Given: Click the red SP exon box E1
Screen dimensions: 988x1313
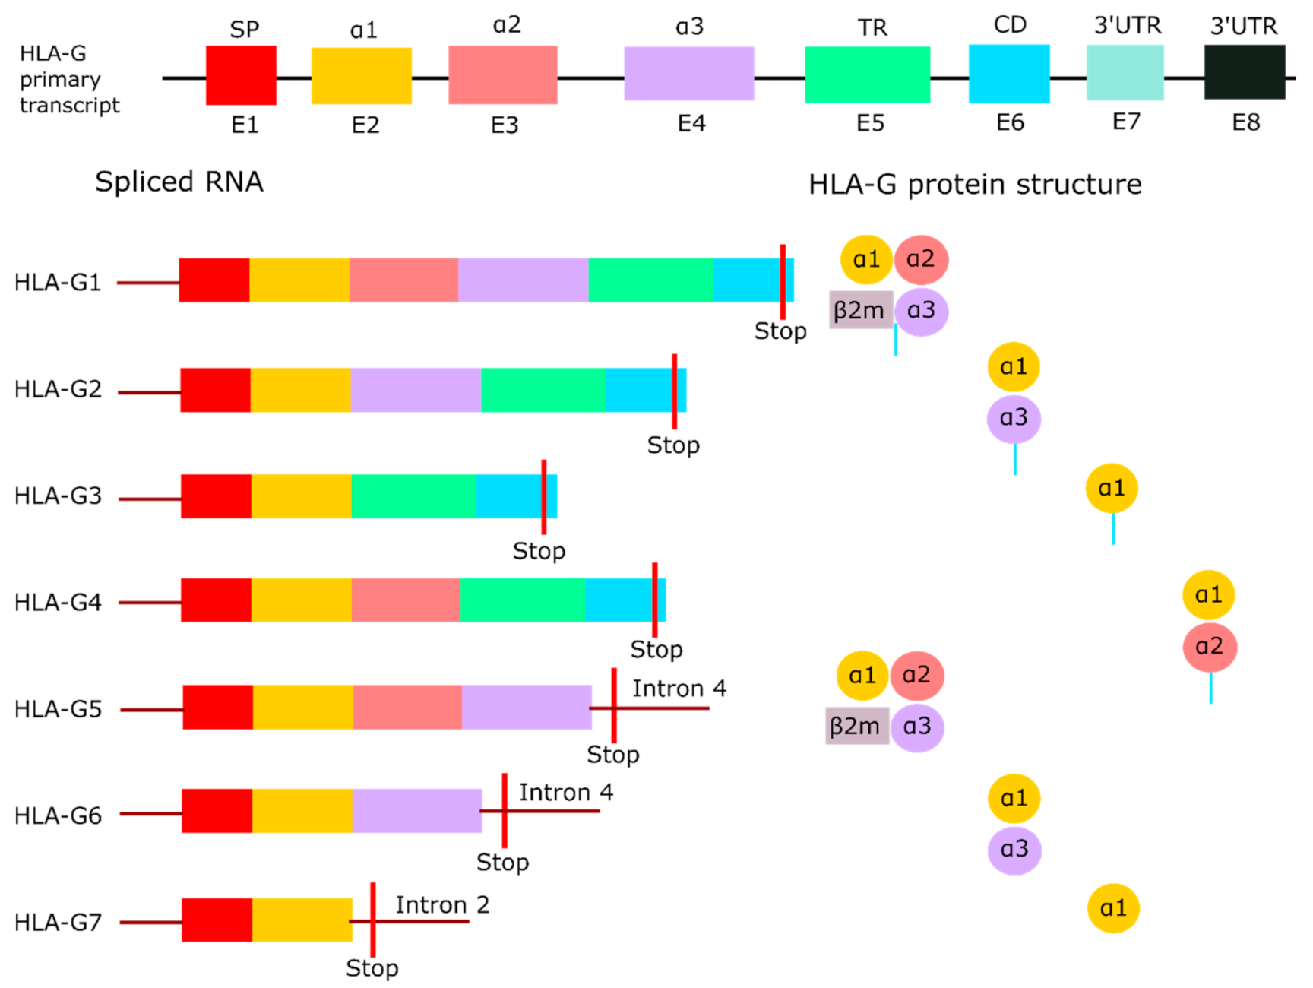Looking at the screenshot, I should point(241,75).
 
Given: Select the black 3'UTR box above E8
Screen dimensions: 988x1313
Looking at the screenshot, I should point(1244,72).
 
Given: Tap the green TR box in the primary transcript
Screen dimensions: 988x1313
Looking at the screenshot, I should point(867,74).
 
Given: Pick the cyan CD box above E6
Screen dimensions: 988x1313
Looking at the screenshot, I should point(1009,74).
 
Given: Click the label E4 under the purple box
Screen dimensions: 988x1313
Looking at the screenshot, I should point(691,123).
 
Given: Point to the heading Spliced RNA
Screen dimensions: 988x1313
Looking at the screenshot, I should point(179,182).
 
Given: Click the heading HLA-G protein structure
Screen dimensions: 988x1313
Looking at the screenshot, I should point(975,184).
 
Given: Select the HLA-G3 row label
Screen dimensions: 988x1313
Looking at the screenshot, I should point(58,496).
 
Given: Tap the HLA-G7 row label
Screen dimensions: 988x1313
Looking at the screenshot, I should point(58,922).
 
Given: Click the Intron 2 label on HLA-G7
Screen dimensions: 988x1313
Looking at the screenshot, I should point(442,904).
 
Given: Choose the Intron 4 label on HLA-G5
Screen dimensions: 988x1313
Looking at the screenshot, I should point(679,688).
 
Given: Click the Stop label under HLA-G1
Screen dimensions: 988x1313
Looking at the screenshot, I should point(780,331).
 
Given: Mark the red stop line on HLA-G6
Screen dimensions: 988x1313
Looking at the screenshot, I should point(505,810).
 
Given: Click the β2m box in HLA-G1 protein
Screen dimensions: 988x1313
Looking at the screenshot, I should point(860,310).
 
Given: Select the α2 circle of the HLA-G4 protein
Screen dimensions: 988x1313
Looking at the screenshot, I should point(1210,647).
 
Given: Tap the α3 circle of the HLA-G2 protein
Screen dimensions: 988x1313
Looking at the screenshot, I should point(1014,418).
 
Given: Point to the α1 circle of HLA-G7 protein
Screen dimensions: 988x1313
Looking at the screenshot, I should point(1113,907).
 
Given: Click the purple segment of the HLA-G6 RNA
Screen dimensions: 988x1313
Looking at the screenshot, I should point(417,811).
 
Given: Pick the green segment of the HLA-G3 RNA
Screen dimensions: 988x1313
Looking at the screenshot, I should point(414,496).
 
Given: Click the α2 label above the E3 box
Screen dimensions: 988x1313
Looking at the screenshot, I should point(507,25).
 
